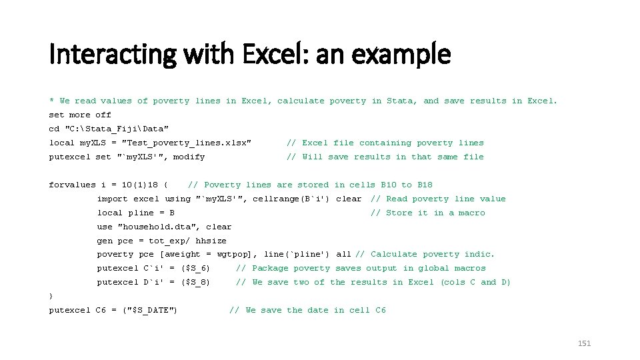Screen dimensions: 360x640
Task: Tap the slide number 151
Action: coord(584,343)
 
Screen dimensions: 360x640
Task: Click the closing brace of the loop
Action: coord(51,296)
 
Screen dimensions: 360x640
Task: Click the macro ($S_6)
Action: coord(195,268)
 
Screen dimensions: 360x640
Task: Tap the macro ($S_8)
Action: coord(195,282)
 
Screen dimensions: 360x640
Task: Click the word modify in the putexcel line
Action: coord(189,157)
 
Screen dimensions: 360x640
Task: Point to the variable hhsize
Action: coord(211,241)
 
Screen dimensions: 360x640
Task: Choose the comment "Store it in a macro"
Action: coord(435,213)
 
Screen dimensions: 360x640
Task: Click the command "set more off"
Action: coord(80,115)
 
